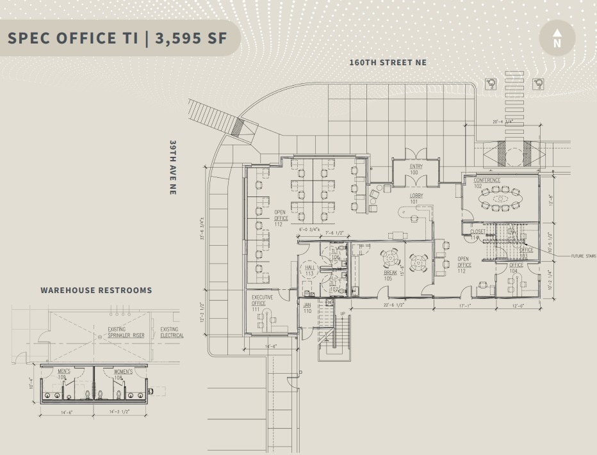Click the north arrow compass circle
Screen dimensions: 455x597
(x=557, y=38)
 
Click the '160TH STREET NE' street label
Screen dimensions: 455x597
(x=388, y=63)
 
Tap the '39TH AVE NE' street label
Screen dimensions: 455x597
(x=173, y=167)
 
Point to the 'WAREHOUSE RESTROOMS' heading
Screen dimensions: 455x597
(x=96, y=290)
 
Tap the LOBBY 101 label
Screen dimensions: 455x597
(x=417, y=198)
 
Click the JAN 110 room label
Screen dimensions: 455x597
(x=307, y=308)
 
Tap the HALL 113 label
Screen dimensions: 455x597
(x=309, y=271)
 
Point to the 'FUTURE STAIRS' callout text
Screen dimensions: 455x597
(x=583, y=256)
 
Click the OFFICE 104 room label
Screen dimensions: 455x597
(x=516, y=268)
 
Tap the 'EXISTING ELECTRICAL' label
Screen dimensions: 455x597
(x=171, y=332)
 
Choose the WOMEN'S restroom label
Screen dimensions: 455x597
(x=123, y=374)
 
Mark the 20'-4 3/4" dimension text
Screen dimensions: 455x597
(x=503, y=121)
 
